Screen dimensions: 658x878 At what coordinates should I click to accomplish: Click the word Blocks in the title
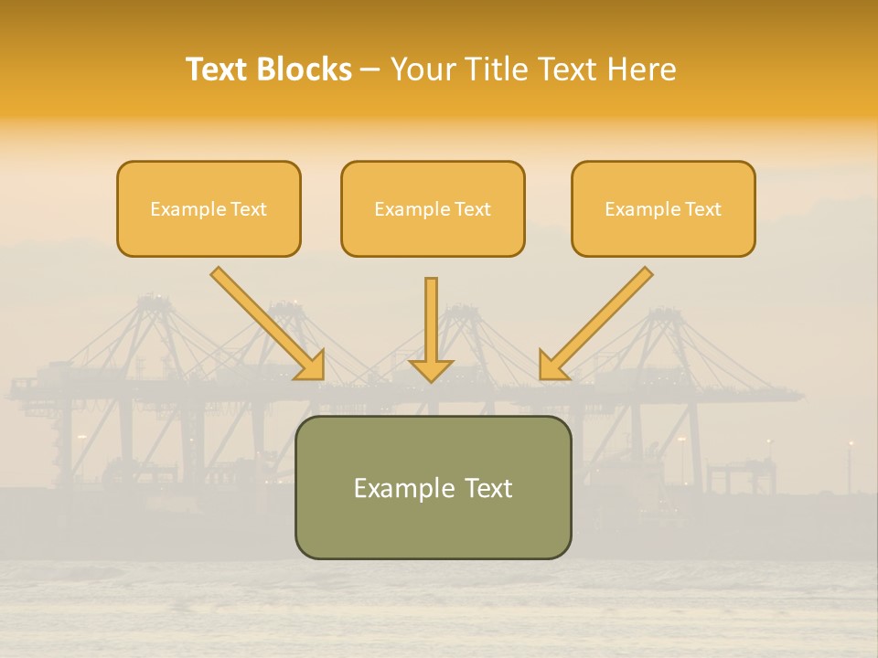[x=303, y=69]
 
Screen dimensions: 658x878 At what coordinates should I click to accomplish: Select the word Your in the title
[x=423, y=69]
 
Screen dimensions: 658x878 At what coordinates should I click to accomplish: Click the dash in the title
[x=370, y=70]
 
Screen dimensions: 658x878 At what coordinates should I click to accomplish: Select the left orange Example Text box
[x=209, y=209]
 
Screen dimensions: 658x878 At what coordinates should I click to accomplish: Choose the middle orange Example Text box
[x=433, y=209]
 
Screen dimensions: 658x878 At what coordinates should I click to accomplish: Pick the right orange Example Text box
[x=663, y=209]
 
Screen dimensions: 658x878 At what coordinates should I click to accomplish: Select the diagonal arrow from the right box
[x=599, y=321]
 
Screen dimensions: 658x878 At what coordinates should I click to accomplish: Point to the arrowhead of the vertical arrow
[x=431, y=369]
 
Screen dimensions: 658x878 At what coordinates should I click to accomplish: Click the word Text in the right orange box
[x=702, y=209]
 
